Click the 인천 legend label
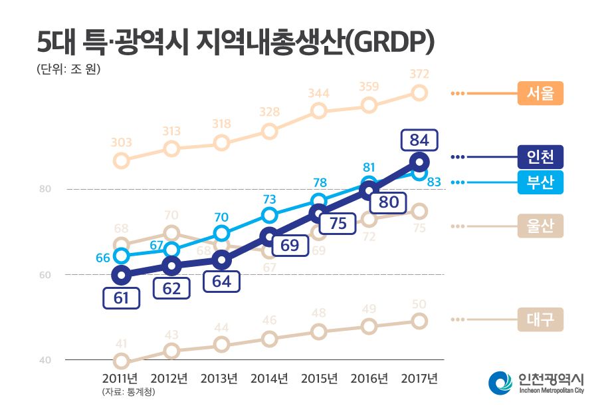click(x=540, y=157)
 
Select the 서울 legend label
click(x=540, y=93)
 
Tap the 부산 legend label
click(x=540, y=182)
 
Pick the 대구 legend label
click(x=540, y=319)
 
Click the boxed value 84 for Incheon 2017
click(x=419, y=140)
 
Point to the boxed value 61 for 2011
click(x=121, y=298)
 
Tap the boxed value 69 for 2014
click(x=289, y=245)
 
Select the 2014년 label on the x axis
click(x=269, y=378)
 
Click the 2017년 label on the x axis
click(x=419, y=378)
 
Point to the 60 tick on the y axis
click(x=45, y=274)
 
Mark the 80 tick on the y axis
click(x=45, y=189)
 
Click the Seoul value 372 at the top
click(x=419, y=74)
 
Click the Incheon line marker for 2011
click(x=121, y=274)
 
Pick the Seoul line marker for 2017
click(x=419, y=93)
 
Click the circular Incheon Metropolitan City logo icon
click(x=500, y=382)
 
